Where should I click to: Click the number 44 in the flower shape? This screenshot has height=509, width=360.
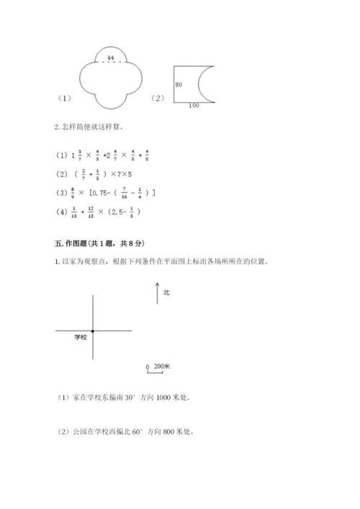coord(110,56)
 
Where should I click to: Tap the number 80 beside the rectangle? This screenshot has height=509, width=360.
coord(178,85)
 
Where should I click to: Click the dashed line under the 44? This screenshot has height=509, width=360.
coord(110,62)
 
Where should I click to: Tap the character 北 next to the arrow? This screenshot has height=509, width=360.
coord(166,292)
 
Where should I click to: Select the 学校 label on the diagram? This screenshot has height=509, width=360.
coord(81,336)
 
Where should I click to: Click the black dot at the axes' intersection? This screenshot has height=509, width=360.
coord(93,330)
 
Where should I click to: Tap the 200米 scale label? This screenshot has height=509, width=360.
coord(162,366)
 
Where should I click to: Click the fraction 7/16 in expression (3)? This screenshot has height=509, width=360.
coord(120,192)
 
